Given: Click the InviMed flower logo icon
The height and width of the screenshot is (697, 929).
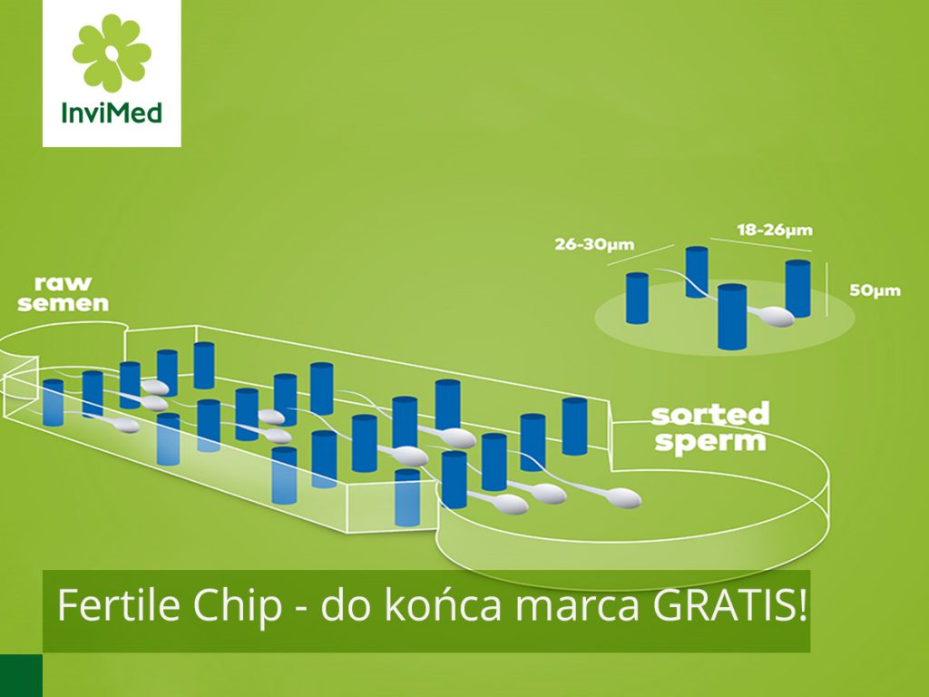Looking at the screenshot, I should coord(112,53).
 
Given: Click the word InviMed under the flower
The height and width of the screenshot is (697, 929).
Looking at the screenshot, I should coord(112,114).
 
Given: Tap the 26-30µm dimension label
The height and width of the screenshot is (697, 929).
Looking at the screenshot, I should coord(594,244).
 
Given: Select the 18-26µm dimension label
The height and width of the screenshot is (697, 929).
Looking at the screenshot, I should coord(775,231).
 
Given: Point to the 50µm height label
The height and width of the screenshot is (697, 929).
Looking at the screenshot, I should coord(875,290).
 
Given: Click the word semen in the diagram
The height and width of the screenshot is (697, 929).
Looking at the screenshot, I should coord(63,303).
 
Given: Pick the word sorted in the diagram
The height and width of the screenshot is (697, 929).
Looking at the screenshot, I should coord(709,416).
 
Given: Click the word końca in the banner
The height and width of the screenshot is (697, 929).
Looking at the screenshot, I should coord(440,605).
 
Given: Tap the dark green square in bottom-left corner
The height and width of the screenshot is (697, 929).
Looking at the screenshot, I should coord(21,675).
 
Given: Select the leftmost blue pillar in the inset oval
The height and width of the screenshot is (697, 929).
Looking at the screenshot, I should coord(638,297).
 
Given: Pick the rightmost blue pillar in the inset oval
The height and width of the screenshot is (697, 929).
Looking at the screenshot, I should coord(797,288).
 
